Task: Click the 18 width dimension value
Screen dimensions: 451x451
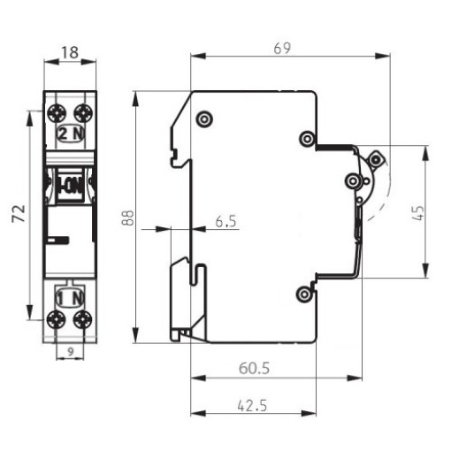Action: click(70, 52)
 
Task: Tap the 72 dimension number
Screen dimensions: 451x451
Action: click(19, 214)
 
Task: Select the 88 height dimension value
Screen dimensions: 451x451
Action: click(127, 218)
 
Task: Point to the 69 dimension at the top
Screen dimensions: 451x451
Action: click(282, 49)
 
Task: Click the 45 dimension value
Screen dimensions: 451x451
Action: click(417, 212)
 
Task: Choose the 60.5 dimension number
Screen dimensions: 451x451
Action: click(254, 369)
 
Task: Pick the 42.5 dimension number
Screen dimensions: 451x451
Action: click(252, 406)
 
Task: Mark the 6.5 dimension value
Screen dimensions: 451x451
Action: click(226, 221)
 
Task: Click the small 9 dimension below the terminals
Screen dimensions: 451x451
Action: click(70, 351)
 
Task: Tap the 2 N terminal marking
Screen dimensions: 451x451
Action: click(71, 134)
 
